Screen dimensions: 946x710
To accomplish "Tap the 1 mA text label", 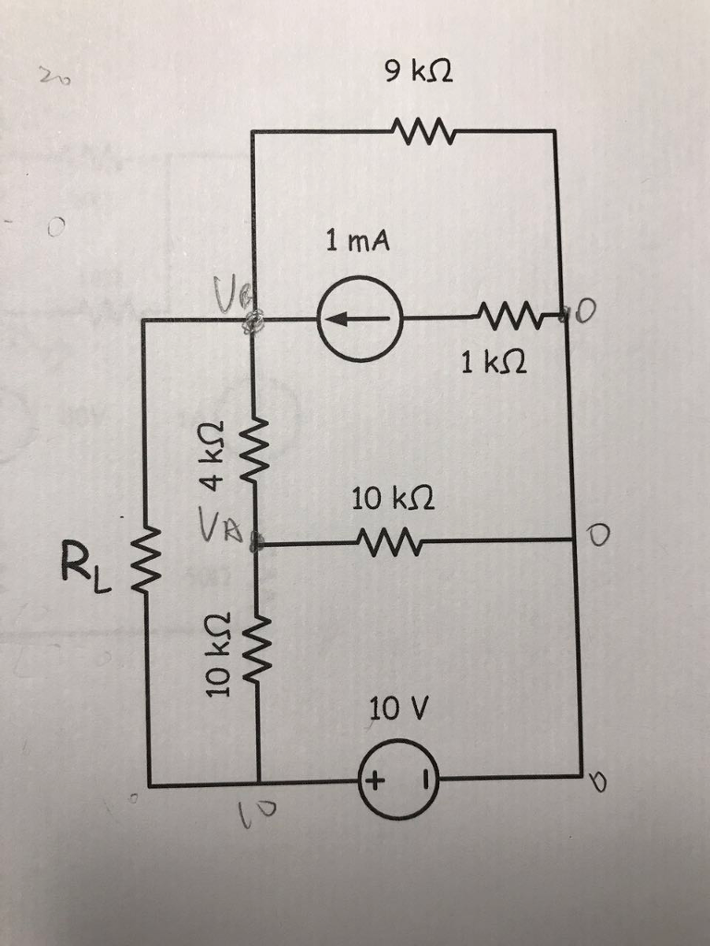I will tap(358, 242).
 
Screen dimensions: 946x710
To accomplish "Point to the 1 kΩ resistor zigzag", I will tap(507, 320).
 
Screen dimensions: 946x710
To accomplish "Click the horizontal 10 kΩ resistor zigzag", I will tap(392, 542).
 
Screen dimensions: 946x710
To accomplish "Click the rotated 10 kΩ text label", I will tap(214, 654).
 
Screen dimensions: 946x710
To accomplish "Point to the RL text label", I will tap(84, 563).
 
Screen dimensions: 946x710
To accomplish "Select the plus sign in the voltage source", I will tap(373, 782).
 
